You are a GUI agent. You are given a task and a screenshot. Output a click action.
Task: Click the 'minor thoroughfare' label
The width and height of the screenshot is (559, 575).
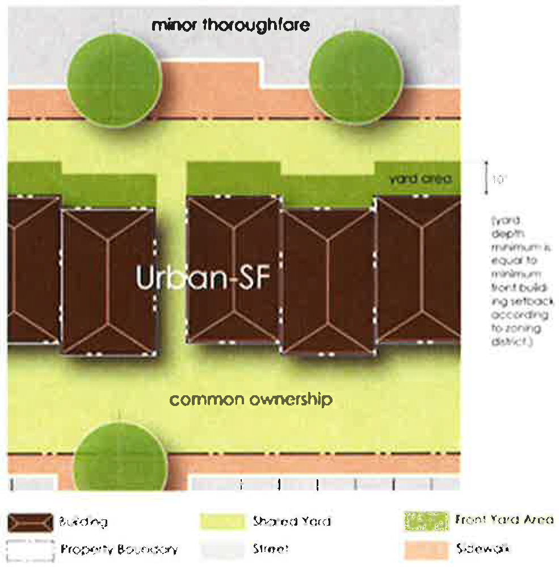coord(230,25)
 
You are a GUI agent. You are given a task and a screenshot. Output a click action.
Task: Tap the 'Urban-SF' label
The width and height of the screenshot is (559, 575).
coord(202,278)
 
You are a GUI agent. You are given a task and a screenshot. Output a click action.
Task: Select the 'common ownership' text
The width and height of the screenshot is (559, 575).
coord(251,400)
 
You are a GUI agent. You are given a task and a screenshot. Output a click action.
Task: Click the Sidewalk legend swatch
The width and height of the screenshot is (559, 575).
coord(426,549)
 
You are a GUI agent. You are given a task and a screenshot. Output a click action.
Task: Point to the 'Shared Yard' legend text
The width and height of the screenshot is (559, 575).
coord(292,521)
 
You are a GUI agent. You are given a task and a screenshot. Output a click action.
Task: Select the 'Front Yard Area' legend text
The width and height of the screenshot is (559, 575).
coord(504,519)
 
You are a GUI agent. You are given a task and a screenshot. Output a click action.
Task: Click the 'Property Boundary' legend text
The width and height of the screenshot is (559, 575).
coord(119,549)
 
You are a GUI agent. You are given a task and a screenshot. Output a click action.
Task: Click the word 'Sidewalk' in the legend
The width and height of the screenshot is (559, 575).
coord(482,548)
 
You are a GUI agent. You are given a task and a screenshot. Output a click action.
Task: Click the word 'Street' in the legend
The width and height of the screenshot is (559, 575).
coord(271,549)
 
